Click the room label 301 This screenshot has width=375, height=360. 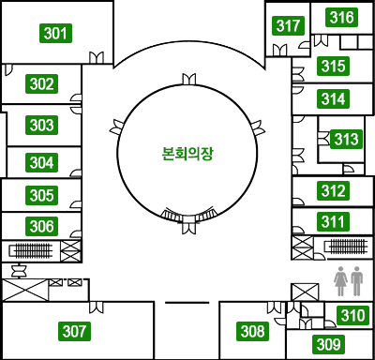point(57,34)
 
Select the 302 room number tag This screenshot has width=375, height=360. point(41,84)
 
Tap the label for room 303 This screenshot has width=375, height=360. point(41,125)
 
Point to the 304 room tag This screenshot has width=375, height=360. point(41,162)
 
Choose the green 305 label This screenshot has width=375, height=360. point(41,196)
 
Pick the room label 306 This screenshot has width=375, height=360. point(41,226)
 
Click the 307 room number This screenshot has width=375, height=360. point(75,331)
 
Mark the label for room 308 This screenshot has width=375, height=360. point(253,331)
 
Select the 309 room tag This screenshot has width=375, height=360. point(327,345)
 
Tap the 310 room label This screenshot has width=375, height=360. point(352,316)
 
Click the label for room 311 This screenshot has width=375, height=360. point(333,222)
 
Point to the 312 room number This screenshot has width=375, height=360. point(333,191)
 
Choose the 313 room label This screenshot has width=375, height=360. point(346,140)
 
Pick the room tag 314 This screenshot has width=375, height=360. point(333,98)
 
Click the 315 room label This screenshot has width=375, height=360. point(333,67)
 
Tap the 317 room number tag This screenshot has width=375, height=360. point(290,25)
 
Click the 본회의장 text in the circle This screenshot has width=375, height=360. point(187,152)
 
